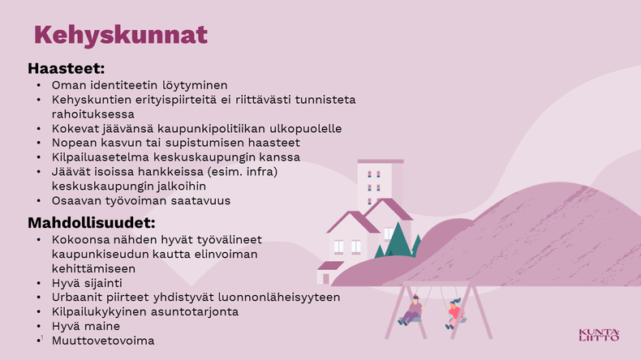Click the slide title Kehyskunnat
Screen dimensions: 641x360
(121, 35)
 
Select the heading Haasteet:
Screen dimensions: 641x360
(67, 68)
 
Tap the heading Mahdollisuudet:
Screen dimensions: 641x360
(92, 223)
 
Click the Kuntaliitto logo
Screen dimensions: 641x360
(599, 335)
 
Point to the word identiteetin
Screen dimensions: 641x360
(124, 85)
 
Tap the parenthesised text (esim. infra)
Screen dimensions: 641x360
(243, 172)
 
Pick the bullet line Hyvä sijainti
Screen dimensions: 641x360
(87, 283)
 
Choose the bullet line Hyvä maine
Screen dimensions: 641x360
(86, 326)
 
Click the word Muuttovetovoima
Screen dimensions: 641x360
(103, 341)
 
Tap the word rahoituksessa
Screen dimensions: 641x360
(92, 114)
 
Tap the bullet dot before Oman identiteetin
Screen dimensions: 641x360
(39, 85)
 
